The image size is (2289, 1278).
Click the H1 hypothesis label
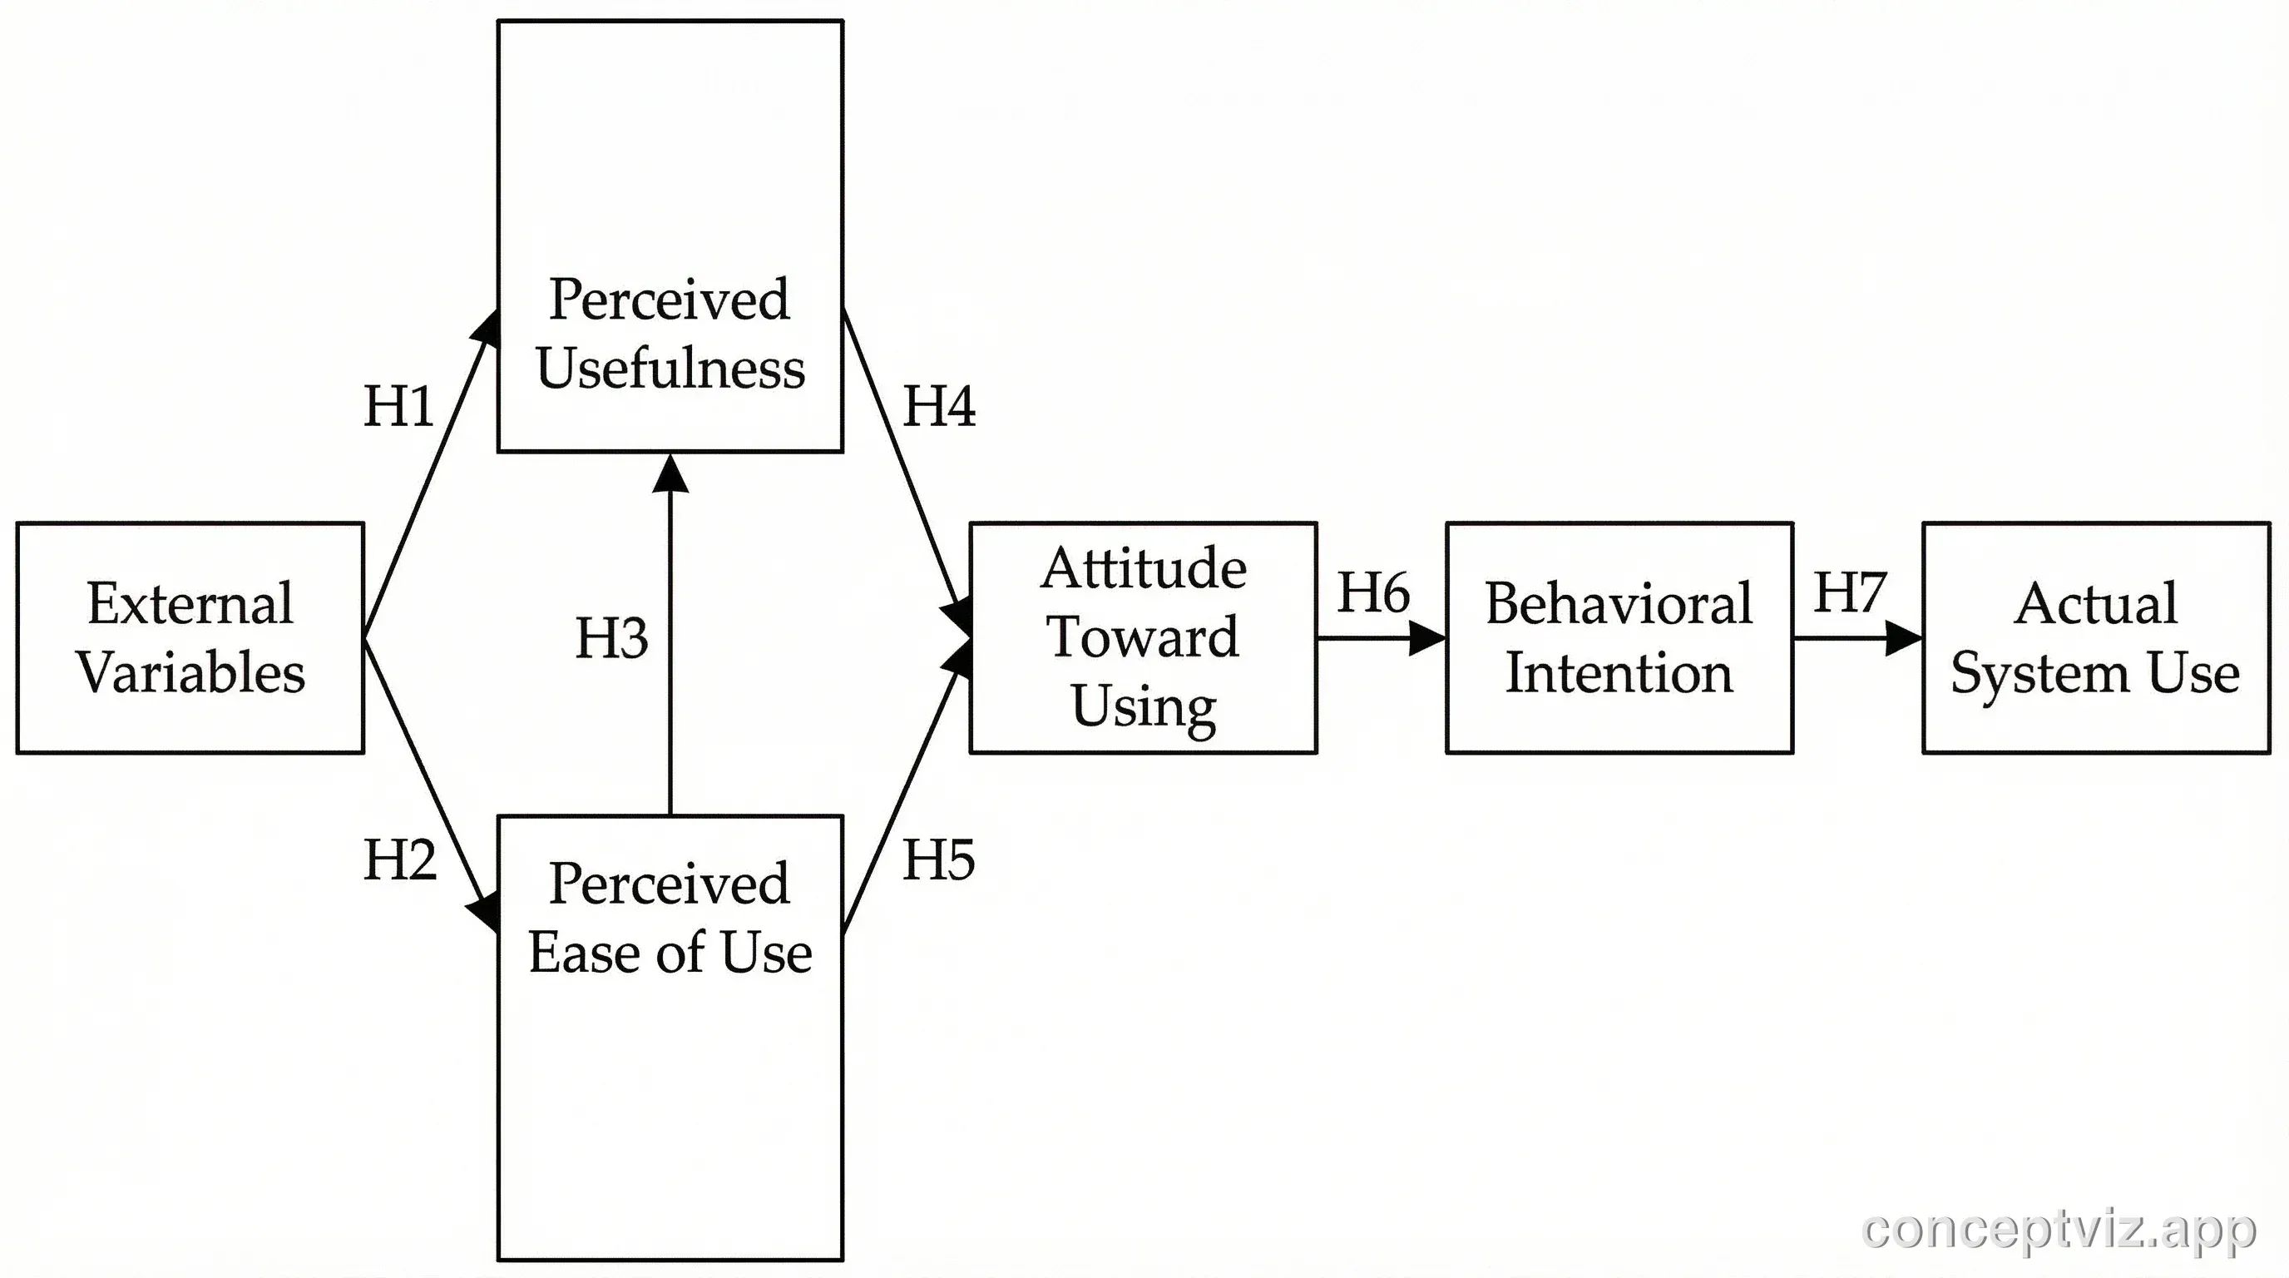398,407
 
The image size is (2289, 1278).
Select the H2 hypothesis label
400,860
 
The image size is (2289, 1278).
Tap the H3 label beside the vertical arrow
611,638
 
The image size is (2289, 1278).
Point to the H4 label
938,407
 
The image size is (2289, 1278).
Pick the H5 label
938,860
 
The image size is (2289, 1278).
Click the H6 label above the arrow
1373,592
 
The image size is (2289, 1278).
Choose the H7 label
1849,592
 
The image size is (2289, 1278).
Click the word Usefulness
670,368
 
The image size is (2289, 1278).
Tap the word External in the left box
190,603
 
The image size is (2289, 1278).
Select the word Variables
190,673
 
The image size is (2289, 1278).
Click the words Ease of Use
670,953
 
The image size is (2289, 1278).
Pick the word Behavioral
1618,603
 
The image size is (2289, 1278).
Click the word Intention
1618,673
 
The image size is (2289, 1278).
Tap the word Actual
2095,603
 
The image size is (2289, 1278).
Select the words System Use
2094,673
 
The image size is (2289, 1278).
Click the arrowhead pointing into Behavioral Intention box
1427,638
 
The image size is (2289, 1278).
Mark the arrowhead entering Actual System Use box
1903,638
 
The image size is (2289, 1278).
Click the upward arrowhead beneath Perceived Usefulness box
670,473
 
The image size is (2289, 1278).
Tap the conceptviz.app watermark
2058,1229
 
